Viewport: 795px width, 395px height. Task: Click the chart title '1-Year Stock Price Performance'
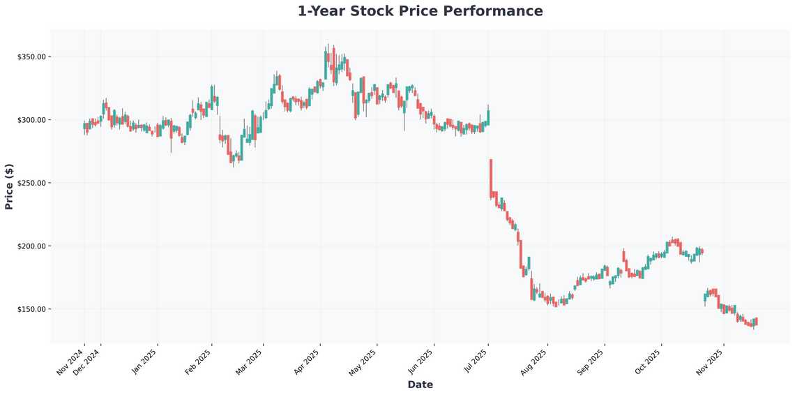420,11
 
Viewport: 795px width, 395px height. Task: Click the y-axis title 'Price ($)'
9,186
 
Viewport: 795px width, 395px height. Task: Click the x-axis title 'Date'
420,385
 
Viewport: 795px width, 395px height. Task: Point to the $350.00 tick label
31,57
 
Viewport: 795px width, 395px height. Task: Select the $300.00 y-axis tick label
31,120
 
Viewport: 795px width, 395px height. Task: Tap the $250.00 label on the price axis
31,183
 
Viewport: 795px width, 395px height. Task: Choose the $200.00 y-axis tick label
31,246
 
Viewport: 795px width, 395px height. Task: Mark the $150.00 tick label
31,309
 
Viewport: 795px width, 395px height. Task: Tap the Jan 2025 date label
144,362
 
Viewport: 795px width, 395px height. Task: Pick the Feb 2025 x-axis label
198,362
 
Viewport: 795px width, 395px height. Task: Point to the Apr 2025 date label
306,362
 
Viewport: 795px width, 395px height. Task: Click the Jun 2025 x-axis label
420,362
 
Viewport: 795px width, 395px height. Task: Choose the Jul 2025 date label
475,362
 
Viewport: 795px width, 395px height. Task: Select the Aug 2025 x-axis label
534,362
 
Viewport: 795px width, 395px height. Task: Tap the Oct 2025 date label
648,362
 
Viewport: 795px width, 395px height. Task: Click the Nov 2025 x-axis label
710,362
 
